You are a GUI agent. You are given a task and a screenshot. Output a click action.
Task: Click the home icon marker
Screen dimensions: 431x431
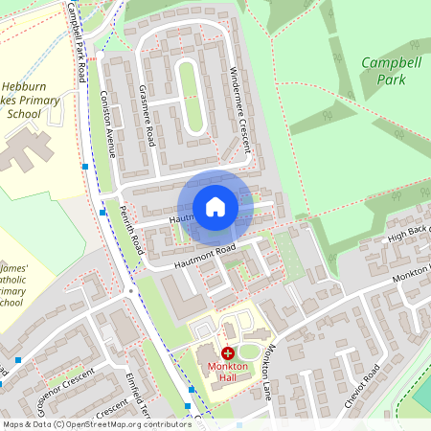(215, 207)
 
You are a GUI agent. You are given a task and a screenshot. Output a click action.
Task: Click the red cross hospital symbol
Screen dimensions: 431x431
(227, 354)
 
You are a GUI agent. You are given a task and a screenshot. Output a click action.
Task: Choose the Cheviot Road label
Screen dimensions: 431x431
(361, 386)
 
